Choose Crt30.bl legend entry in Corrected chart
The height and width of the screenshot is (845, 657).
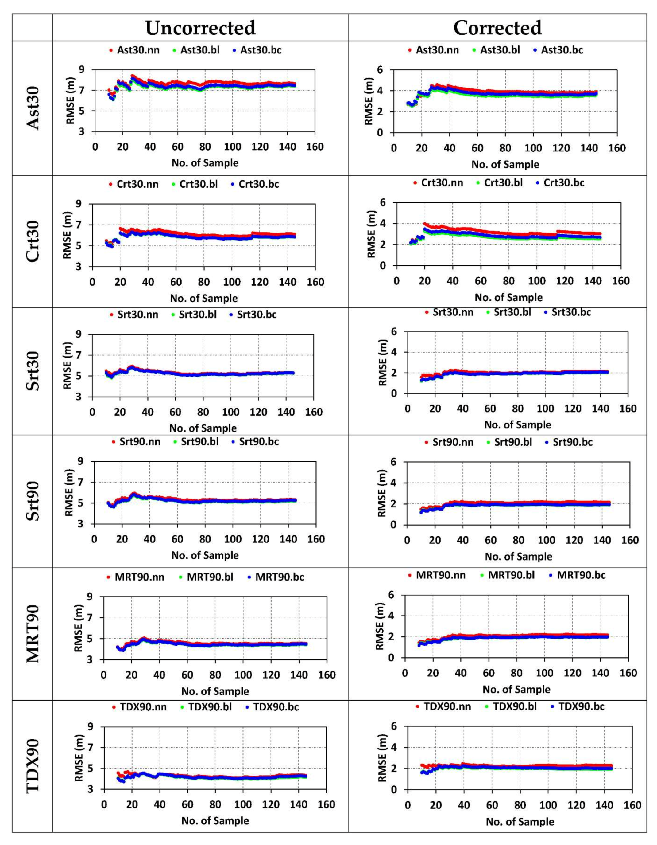tap(502, 183)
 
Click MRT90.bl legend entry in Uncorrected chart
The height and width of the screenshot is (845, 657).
tap(210, 577)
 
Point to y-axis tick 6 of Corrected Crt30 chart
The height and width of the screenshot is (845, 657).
tap(383, 203)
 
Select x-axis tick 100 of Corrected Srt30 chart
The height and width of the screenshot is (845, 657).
tap(545, 409)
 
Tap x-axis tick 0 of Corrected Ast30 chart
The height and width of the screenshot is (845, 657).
tap(393, 148)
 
